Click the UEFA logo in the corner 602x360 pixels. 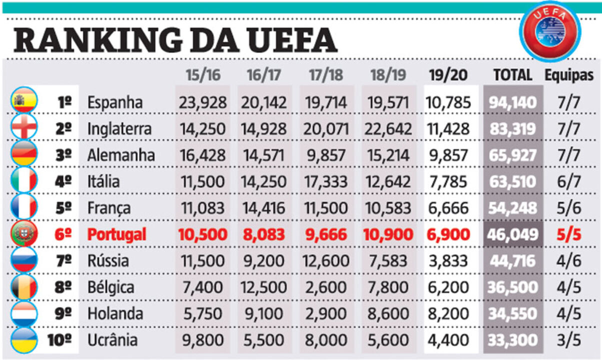coord(549,31)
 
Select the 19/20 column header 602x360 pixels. coord(448,75)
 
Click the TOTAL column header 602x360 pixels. coord(512,75)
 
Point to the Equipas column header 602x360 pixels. coord(569,75)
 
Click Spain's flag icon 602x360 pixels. coord(24,102)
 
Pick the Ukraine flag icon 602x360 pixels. coord(24,340)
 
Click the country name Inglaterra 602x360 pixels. coord(119,129)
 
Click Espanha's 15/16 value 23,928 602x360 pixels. coord(202,102)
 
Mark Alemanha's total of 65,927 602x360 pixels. coord(513,155)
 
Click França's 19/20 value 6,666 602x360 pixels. coord(448,208)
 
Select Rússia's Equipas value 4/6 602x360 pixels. coord(569,261)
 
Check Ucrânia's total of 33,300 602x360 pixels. coord(513,340)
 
